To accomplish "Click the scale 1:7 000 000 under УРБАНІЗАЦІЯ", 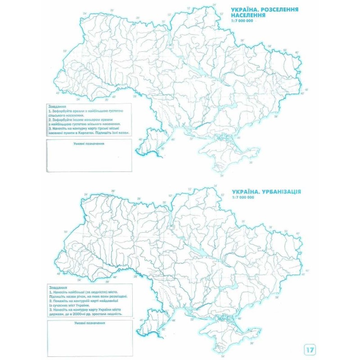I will [243, 198].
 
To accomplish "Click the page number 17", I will [310, 349].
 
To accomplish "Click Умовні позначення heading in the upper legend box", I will [89, 144].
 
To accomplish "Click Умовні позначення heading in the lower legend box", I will [90, 323].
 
